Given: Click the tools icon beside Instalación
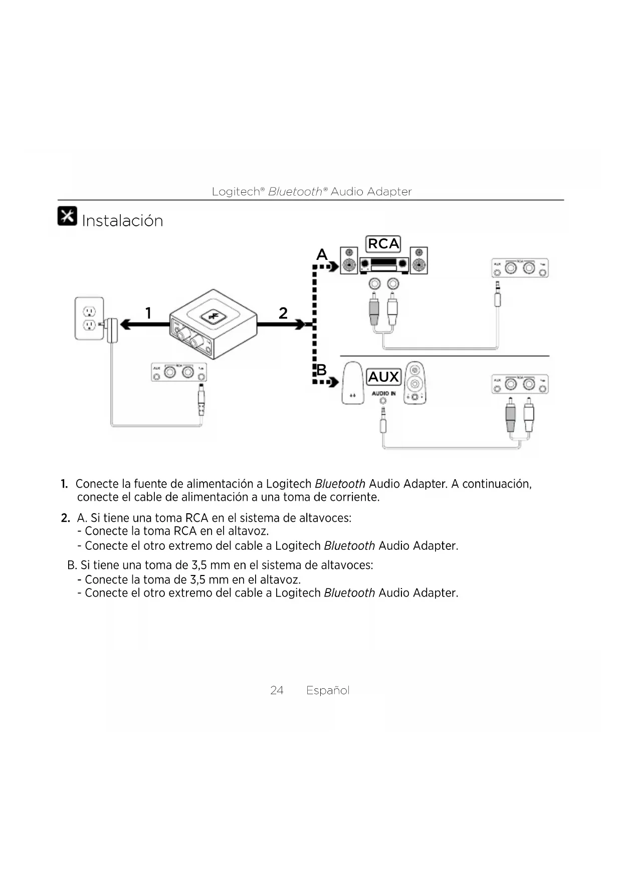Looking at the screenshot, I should (67, 216).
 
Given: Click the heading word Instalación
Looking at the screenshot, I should (122, 221).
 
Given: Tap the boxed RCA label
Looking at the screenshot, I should (383, 244).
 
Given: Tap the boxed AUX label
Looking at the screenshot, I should (383, 377).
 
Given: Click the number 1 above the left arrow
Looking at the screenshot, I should (148, 313).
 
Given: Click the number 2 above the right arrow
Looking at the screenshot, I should (283, 313).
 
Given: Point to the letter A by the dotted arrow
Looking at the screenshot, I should (322, 255).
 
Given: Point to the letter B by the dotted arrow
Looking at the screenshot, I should (321, 370).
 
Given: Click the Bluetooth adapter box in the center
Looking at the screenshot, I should (214, 323).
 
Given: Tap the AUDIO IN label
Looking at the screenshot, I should (383, 393).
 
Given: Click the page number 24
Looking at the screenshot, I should (277, 690).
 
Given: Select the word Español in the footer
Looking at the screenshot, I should (328, 690).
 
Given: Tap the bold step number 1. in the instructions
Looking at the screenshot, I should (64, 484).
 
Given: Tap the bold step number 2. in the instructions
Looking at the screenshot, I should (65, 518).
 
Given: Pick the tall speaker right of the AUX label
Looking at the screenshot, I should (414, 383).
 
